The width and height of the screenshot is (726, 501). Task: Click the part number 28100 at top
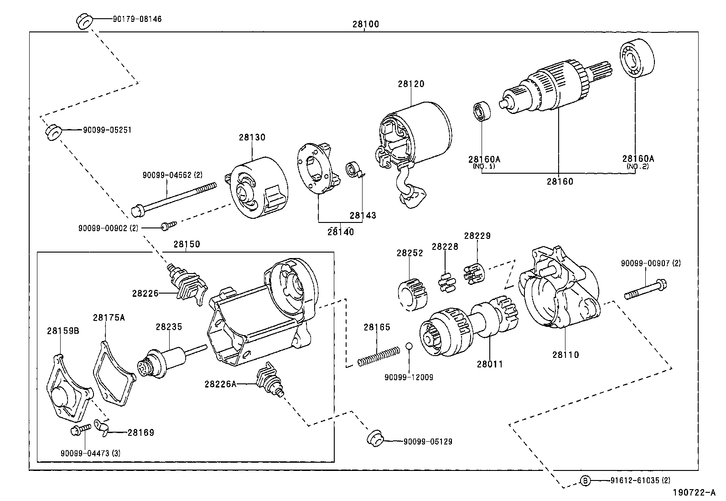[x=365, y=24]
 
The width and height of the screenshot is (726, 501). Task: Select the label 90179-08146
[x=137, y=19]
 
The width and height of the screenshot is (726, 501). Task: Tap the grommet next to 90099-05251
[x=53, y=132]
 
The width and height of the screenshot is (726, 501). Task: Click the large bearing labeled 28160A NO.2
[x=637, y=60]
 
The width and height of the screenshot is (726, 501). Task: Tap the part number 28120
[x=410, y=84]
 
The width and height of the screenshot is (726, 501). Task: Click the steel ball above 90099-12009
[x=409, y=346]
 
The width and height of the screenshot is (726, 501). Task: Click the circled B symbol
[x=585, y=480]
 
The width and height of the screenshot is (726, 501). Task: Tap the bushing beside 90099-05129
[x=375, y=438]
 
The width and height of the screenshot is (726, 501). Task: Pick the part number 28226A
[x=220, y=384]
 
